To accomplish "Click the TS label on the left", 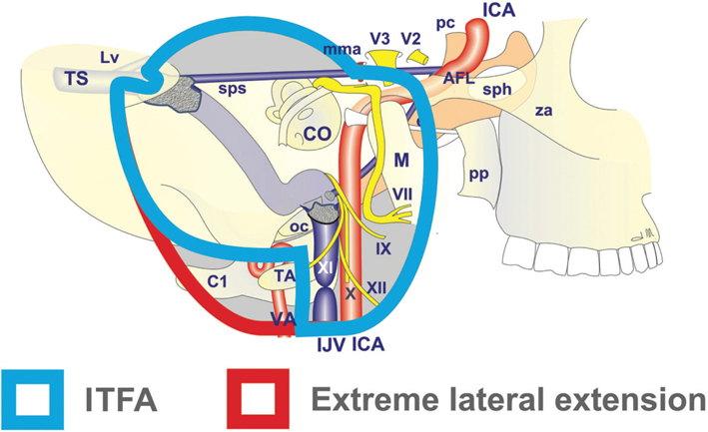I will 75,79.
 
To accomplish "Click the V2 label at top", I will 410,38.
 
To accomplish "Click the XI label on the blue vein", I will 325,270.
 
